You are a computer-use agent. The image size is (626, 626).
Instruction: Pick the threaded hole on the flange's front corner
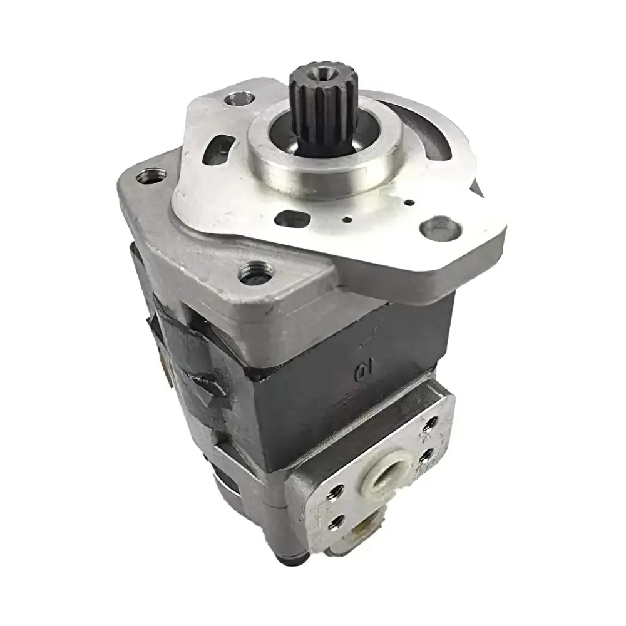(257, 274)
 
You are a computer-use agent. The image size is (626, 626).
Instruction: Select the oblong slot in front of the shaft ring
(292, 219)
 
